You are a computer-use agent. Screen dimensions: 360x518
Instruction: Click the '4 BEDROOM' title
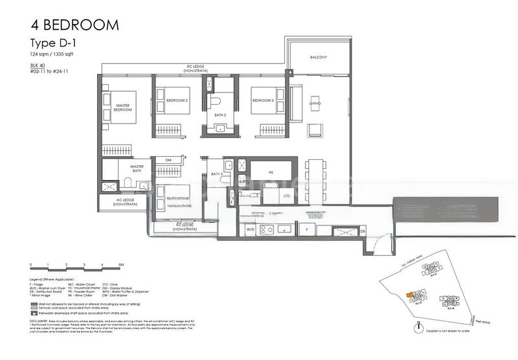pos(74,25)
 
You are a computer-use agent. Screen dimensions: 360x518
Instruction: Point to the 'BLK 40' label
pos(39,67)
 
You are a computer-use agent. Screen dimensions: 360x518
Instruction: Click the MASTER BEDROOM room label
pos(124,107)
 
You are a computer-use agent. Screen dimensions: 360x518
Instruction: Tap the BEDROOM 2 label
pos(176,100)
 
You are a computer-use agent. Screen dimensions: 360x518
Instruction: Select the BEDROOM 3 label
pos(263,100)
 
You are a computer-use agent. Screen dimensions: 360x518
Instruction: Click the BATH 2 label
pos(221,115)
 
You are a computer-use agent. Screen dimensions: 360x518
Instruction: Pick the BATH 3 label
pos(216,174)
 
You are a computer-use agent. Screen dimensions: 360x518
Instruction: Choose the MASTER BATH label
pos(136,168)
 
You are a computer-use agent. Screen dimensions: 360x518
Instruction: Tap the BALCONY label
pos(318,58)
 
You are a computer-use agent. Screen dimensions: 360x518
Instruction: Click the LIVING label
pos(315,103)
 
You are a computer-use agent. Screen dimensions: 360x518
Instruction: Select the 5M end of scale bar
pos(121,265)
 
